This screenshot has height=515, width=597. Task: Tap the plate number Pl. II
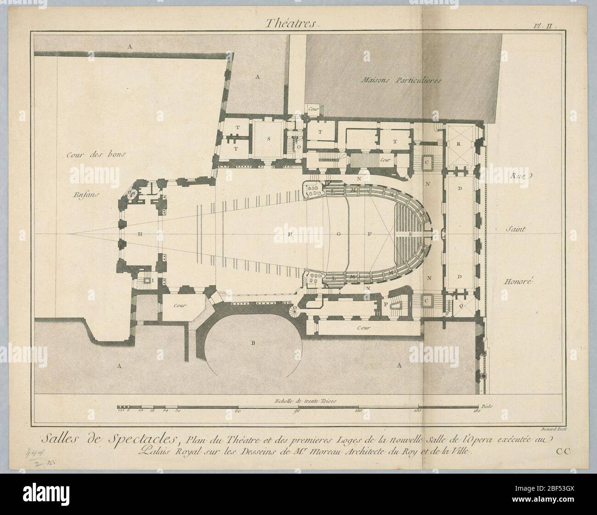click(x=545, y=27)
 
